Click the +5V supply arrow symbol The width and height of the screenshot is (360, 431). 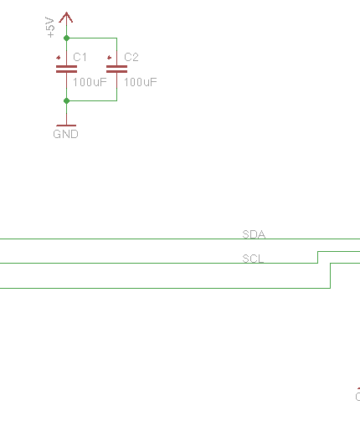click(66, 18)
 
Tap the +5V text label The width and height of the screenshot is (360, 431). click(50, 27)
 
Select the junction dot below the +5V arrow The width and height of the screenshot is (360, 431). click(66, 38)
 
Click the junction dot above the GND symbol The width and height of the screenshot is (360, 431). click(66, 100)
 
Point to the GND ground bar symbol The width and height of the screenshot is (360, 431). click(66, 126)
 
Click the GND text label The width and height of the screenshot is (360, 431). click(65, 134)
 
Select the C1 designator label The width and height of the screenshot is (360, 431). click(80, 57)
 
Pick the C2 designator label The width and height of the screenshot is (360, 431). click(131, 57)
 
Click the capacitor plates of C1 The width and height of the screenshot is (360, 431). click(66, 69)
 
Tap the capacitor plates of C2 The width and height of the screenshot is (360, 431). click(116, 69)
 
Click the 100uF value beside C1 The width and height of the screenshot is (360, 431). click(90, 82)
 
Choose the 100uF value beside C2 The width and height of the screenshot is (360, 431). click(141, 82)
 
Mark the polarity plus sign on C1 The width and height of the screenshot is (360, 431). click(59, 58)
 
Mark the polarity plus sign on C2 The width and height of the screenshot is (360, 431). click(109, 58)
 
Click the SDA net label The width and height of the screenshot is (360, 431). click(254, 234)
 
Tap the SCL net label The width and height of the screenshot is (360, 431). click(253, 259)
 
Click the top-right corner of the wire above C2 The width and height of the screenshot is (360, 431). click(116, 38)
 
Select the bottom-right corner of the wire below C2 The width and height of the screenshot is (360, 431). click(116, 100)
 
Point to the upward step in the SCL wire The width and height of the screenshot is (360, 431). click(317, 257)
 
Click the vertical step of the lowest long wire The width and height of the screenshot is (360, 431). click(331, 275)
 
